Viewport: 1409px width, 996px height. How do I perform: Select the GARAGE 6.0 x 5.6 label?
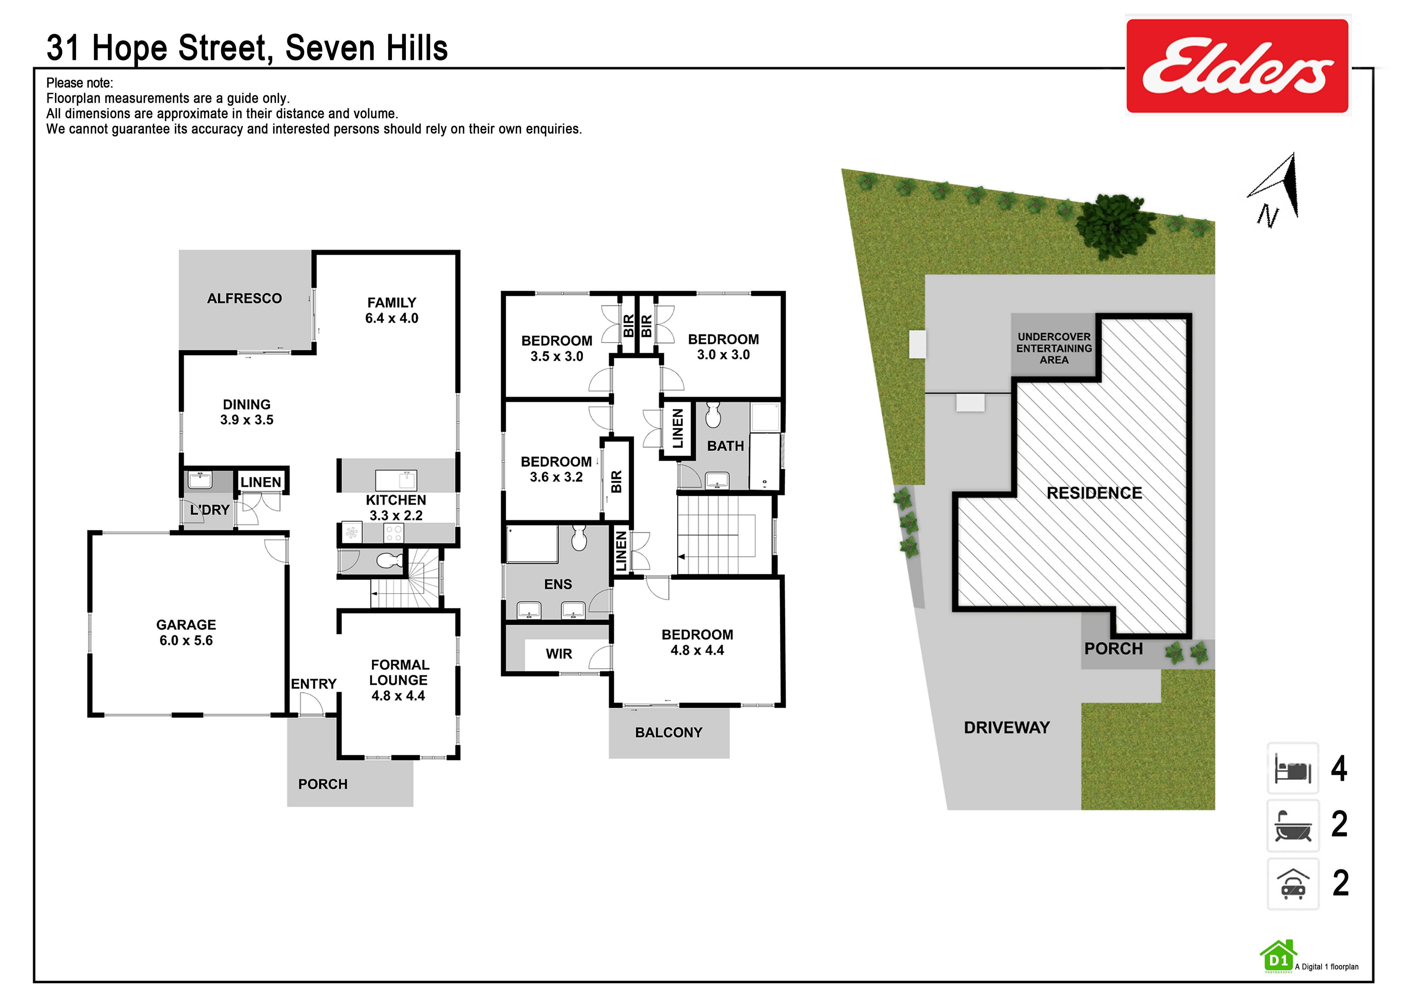coord(186,632)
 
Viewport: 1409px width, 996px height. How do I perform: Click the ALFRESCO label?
coord(244,299)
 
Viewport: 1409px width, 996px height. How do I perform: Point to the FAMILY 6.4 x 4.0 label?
coord(392,310)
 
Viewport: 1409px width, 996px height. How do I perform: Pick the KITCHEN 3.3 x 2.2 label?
coord(396,508)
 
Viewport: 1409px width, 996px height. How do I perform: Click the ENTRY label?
coord(314,684)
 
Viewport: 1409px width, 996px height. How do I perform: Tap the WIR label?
coord(558,654)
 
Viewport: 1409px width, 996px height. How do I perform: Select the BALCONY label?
coord(668,732)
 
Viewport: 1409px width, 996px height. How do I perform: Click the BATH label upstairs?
coord(725,446)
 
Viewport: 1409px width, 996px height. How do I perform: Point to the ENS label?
coord(558,585)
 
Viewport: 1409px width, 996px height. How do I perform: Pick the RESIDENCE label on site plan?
coord(1094,493)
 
